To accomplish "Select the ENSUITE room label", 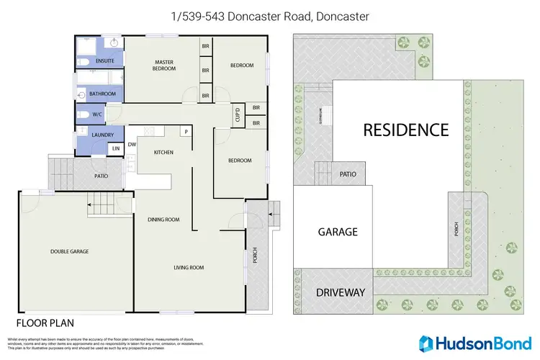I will tap(100, 63).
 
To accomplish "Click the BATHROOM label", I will tap(103, 94).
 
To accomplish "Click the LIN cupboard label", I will tap(115, 148).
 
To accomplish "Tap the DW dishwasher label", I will tap(132, 144).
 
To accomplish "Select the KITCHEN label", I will tap(164, 153).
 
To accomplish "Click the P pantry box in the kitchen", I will tap(185, 132).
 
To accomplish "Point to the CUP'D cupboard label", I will tap(237, 114).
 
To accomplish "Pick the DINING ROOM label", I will tap(163, 220).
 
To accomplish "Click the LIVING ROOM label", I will tap(189, 268).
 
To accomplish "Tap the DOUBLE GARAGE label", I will tap(69, 251).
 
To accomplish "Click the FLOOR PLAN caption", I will tap(45, 323).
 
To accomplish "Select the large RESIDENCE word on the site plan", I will tap(405, 130).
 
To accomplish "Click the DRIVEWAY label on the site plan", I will tap(341, 293).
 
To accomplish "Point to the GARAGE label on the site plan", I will tap(338, 232).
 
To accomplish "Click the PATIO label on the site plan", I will tap(348, 173).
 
